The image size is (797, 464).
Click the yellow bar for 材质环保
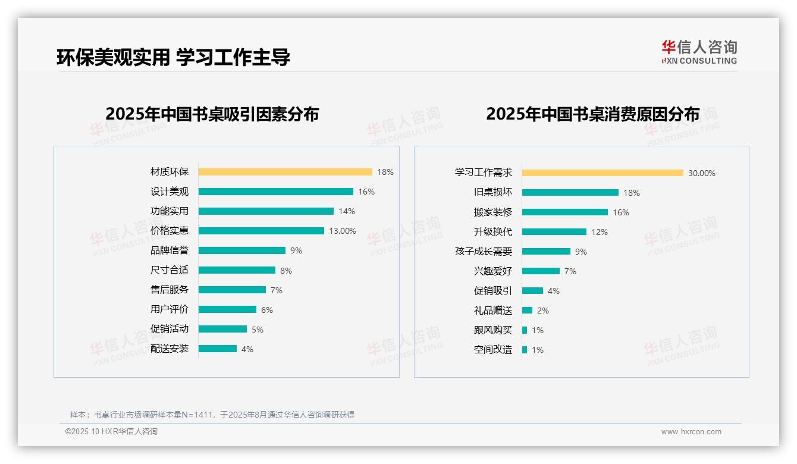(285, 172)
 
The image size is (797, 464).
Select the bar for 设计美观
(275, 192)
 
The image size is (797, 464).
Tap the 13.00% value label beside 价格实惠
(343, 231)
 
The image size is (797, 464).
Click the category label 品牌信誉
(170, 250)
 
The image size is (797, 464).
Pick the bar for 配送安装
(218, 349)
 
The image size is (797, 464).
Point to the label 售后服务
(170, 290)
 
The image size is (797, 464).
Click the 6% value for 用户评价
(266, 310)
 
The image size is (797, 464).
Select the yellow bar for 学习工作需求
(603, 173)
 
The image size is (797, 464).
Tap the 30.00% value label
(702, 174)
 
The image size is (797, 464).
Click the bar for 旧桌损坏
(570, 193)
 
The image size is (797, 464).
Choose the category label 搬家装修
(493, 212)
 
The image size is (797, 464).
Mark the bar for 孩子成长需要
(546, 252)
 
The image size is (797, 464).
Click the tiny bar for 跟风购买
(525, 330)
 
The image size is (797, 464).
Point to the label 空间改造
(493, 350)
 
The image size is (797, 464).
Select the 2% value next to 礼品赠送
(542, 311)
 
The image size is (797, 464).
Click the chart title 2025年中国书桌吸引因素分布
(212, 114)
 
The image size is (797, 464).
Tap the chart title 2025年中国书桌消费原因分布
(592, 114)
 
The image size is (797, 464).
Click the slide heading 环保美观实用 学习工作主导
(173, 57)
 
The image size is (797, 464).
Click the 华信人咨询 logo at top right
(699, 52)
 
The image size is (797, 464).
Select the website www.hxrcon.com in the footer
(691, 432)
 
